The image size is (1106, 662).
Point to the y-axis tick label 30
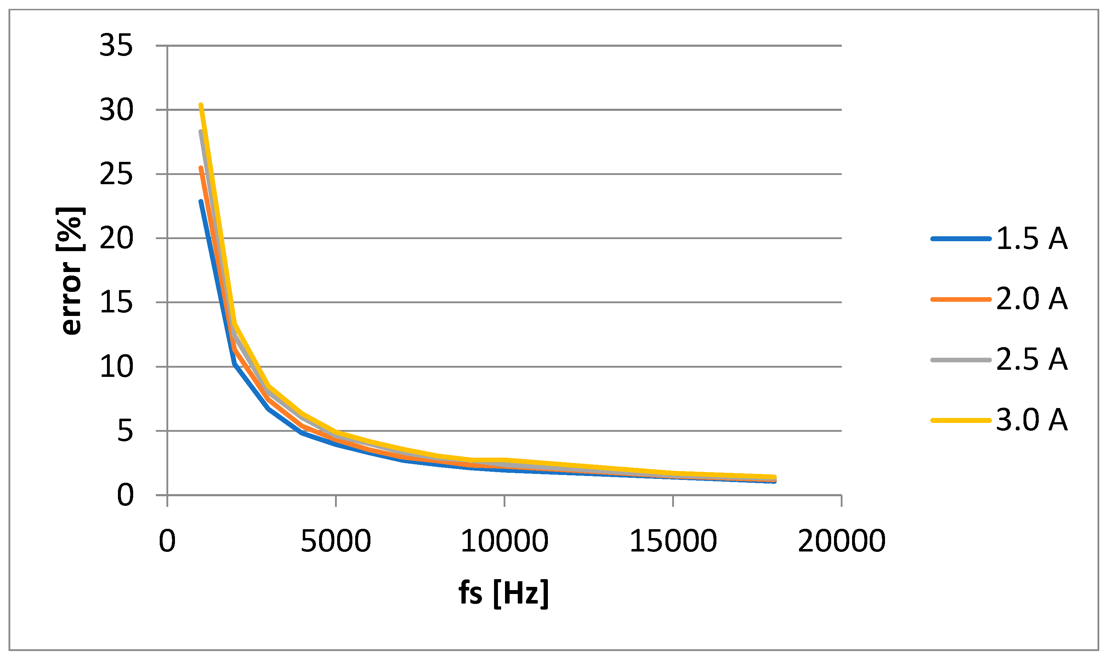116,110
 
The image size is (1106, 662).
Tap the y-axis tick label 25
116,174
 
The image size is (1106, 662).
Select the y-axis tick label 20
116,239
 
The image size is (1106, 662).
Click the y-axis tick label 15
116,303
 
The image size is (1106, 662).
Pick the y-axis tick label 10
116,367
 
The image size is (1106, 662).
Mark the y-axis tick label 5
125,431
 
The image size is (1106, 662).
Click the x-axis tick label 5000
335,541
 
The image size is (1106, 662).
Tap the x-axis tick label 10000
504,541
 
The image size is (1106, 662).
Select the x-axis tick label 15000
673,541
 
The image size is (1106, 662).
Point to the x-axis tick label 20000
841,541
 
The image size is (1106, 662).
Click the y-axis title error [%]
71,271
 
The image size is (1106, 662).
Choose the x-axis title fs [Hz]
504,593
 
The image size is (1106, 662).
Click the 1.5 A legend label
1032,239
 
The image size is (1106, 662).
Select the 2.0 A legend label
1032,299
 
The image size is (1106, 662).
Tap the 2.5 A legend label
1032,359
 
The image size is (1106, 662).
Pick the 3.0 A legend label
1032,420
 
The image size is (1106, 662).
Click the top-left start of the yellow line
201,105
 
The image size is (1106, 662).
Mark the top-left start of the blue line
201,201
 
